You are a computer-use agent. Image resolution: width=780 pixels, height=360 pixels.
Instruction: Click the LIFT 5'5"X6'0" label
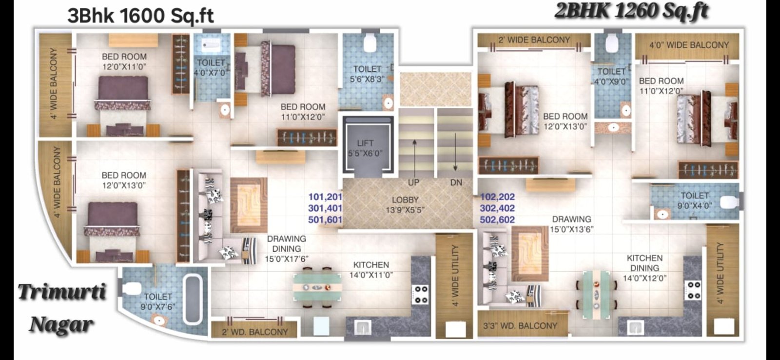365,148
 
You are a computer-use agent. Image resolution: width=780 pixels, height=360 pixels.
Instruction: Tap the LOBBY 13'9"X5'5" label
405,205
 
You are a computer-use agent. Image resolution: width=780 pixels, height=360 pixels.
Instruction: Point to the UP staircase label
414,182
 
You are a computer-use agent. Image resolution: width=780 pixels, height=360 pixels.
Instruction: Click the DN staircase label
456,182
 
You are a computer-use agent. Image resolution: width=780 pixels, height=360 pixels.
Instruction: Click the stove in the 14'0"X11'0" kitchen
420,295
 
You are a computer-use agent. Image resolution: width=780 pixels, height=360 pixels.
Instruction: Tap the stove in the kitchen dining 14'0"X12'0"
692,290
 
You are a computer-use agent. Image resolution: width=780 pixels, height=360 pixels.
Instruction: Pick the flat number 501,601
325,220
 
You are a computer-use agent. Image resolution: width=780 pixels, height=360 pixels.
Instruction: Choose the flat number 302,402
497,208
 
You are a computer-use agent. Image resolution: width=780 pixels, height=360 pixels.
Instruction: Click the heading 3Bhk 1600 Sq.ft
140,16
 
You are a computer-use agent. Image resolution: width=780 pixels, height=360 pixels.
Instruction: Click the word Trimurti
62,291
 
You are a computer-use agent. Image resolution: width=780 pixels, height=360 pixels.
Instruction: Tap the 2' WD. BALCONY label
255,332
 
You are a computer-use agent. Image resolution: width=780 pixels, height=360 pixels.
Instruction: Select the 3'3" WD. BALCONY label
520,326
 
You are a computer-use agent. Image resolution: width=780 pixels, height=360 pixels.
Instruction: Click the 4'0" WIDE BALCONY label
689,45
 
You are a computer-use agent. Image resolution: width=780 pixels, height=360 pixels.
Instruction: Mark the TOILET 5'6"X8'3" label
368,74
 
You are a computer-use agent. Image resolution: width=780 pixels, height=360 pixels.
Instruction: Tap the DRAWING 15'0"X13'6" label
572,224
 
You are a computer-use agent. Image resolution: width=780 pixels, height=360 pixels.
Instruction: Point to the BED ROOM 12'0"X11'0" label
124,61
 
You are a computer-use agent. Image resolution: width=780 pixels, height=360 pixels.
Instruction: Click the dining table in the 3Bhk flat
317,287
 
